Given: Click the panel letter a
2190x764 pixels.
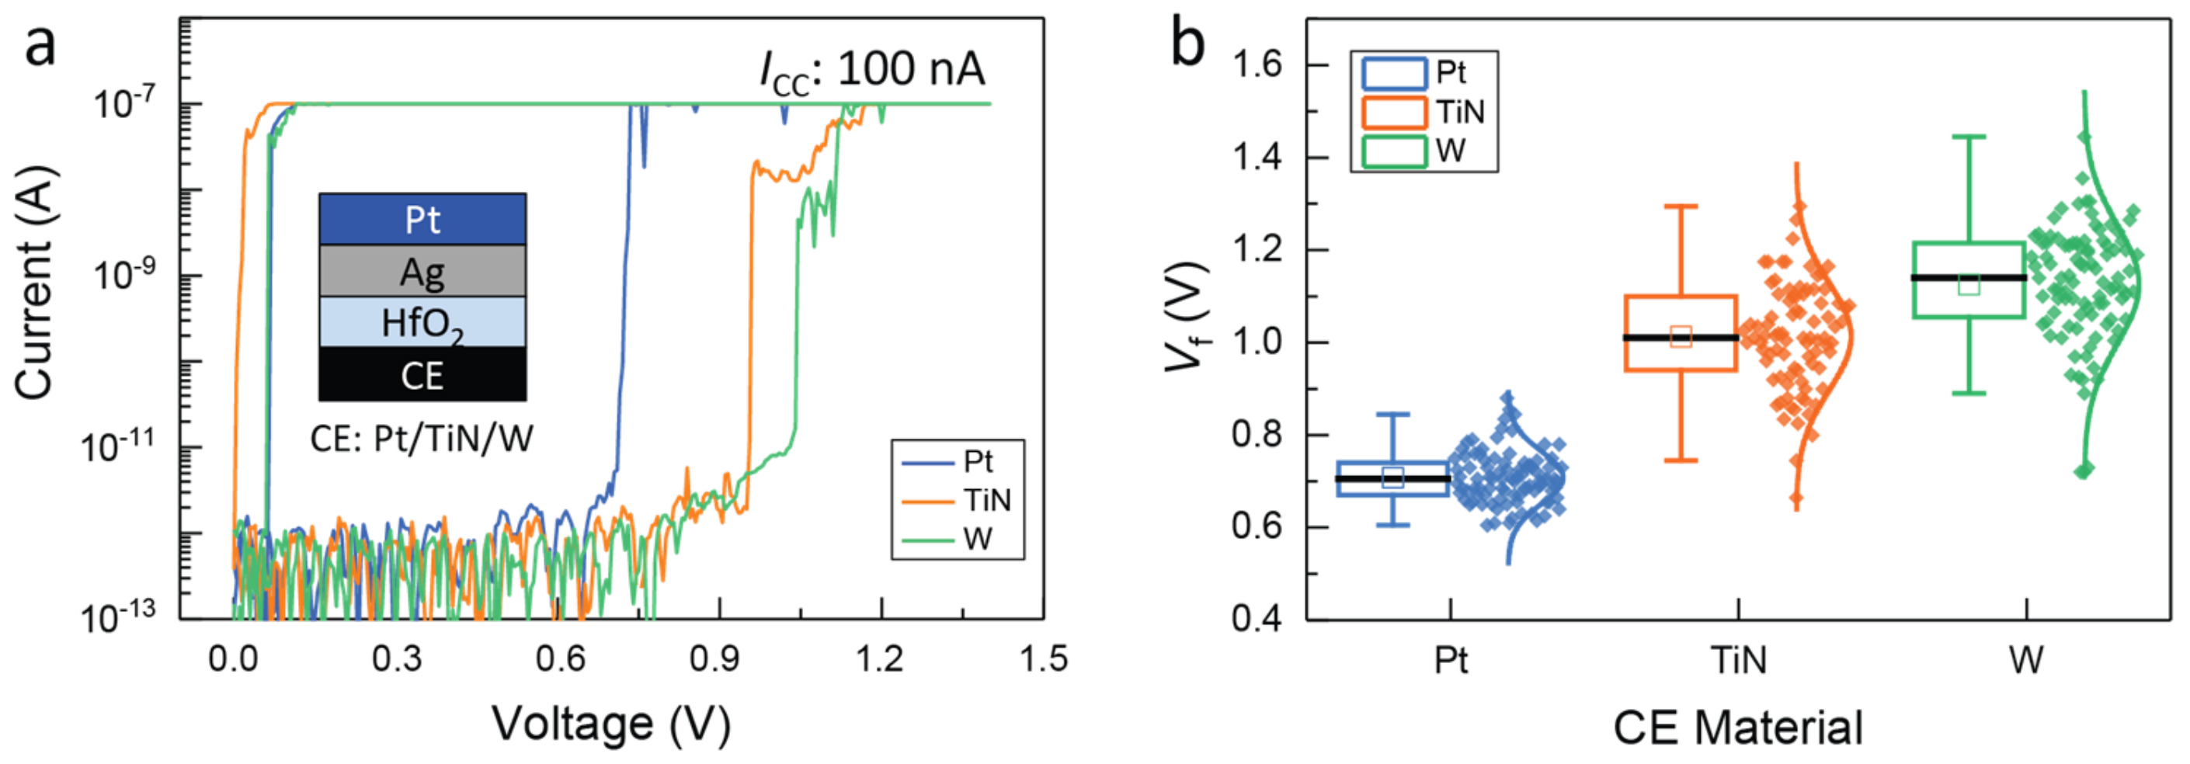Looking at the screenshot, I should tap(40, 44).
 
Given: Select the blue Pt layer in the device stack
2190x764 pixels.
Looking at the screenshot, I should tap(422, 220).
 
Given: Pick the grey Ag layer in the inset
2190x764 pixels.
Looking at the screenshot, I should tap(422, 272).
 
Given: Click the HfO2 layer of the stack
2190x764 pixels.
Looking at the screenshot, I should tap(422, 323).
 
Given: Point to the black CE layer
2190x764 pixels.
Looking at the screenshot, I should tap(422, 375).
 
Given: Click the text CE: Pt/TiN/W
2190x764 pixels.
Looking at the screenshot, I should tap(422, 439).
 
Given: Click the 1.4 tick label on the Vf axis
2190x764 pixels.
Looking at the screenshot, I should tap(1256, 158).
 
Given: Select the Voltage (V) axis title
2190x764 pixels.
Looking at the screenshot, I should tap(611, 724).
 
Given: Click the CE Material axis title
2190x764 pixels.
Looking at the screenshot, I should tap(1738, 728).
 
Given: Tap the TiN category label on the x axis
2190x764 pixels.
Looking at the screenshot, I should tap(1738, 660).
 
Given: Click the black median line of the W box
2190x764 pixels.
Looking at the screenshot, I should tap(1968, 278).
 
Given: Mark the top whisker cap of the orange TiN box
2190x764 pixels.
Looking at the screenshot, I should tap(1681, 207).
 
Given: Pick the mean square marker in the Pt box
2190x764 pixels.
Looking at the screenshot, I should tap(1392, 477).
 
